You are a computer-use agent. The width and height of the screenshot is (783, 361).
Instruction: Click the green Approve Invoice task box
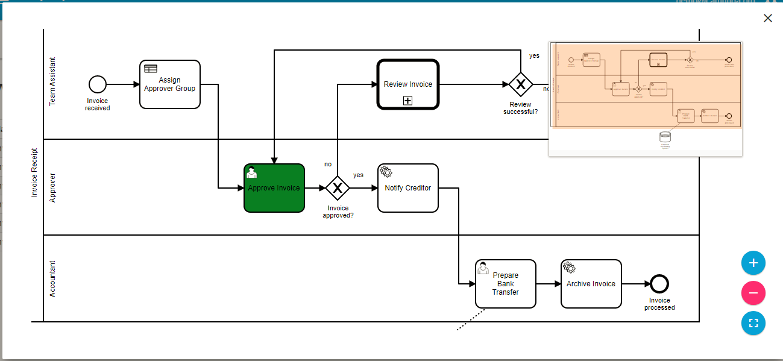[x=274, y=188]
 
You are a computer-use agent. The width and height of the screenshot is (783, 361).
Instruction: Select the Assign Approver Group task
[x=169, y=84]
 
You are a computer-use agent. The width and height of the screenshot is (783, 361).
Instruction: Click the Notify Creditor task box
[x=408, y=188]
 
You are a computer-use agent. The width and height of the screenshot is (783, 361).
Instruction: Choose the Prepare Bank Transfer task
[x=505, y=284]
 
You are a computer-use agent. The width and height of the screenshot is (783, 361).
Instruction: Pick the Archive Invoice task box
[x=591, y=284]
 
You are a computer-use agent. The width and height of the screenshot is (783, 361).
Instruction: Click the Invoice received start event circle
[x=97, y=84]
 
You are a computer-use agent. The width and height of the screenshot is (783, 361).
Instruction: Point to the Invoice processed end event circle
[x=659, y=284]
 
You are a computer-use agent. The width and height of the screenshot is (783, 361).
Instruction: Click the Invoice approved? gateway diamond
[x=338, y=188]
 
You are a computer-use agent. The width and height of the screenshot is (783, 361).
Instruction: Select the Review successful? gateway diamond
[x=520, y=84]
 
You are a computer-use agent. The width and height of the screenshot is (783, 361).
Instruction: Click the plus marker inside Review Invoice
[x=408, y=101]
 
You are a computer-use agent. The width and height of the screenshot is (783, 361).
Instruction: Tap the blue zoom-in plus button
[x=753, y=263]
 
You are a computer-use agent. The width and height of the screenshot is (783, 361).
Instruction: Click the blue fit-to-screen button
[x=753, y=322]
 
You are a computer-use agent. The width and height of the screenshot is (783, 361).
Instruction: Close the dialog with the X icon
[x=768, y=18]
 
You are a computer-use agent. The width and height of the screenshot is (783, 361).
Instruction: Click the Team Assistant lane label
[x=52, y=82]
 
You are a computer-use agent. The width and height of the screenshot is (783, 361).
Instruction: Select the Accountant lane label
[x=52, y=278]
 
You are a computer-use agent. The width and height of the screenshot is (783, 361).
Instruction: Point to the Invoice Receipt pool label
[x=34, y=172]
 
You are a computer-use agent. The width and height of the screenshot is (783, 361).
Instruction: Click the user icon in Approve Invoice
[x=252, y=172]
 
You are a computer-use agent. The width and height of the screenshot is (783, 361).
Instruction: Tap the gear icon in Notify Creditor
[x=386, y=172]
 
